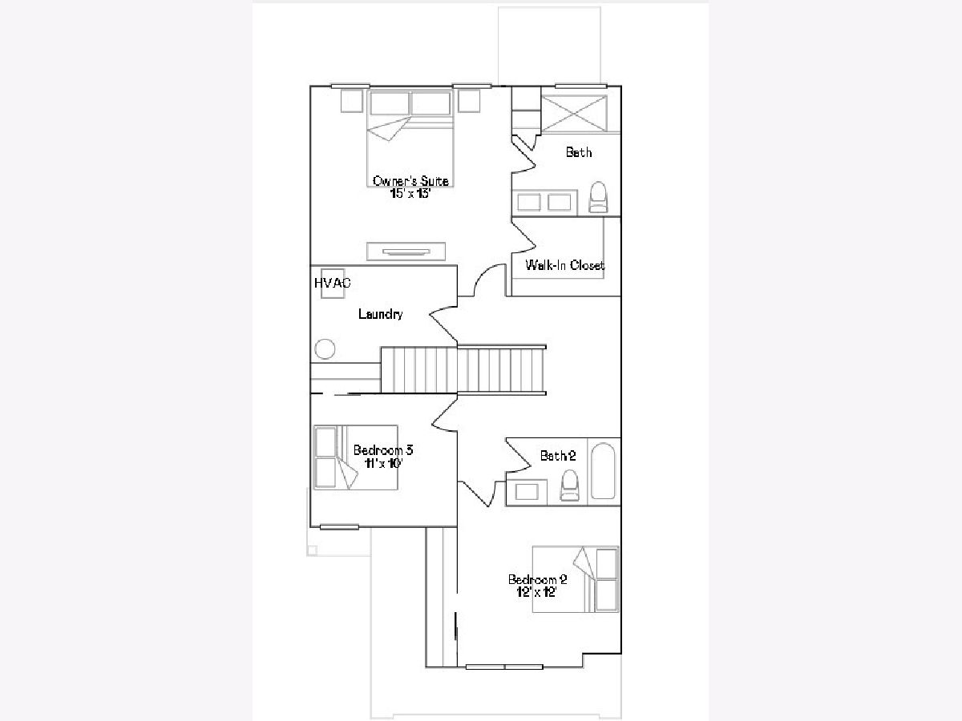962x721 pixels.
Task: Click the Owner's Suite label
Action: [x=410, y=181]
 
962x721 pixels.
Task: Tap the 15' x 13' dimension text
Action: [x=410, y=194]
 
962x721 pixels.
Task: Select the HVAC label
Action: [x=333, y=283]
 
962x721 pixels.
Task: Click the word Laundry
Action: [x=381, y=314]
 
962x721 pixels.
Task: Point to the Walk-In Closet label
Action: [x=565, y=265]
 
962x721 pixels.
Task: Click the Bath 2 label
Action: [x=558, y=456]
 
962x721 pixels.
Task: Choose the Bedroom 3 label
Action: [x=383, y=450]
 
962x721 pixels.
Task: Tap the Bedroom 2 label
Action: [x=537, y=579]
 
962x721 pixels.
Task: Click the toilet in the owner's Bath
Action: [x=598, y=197]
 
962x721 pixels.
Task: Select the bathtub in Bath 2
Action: [x=603, y=471]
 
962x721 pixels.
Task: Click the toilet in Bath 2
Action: [x=569, y=485]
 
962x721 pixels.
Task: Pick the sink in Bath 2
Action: [x=527, y=492]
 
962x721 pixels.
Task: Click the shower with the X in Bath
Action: [x=574, y=114]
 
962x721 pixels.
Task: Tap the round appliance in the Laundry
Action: [x=325, y=349]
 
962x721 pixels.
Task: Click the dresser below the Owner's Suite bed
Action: [x=406, y=252]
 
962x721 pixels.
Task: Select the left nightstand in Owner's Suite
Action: [x=352, y=101]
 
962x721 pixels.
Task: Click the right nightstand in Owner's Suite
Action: [x=469, y=101]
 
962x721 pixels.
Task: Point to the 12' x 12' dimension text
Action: [x=536, y=592]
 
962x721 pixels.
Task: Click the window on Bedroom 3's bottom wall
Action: [x=339, y=527]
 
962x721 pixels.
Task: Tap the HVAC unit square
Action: [x=333, y=284]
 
